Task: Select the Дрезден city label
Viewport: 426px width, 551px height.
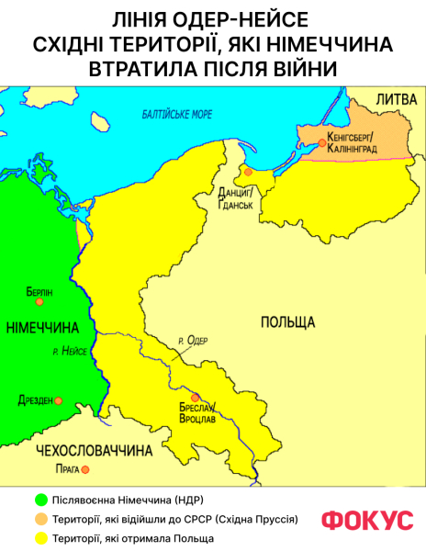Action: pyautogui.click(x=35, y=400)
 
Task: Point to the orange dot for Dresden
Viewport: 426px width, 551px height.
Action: pyautogui.click(x=58, y=401)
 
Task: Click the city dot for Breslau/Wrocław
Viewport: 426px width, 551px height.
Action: pyautogui.click(x=194, y=397)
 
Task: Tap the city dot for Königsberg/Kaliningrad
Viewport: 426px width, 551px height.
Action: pyautogui.click(x=321, y=141)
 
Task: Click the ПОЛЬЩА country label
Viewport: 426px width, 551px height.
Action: pyautogui.click(x=287, y=322)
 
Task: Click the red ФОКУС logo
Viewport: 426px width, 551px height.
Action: pyautogui.click(x=366, y=520)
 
